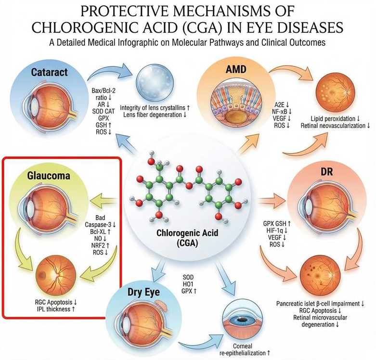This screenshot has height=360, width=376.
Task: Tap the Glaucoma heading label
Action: pos(49,176)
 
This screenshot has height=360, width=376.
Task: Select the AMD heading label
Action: pos(237,70)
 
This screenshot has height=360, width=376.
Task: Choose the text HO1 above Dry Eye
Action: pos(188,284)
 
